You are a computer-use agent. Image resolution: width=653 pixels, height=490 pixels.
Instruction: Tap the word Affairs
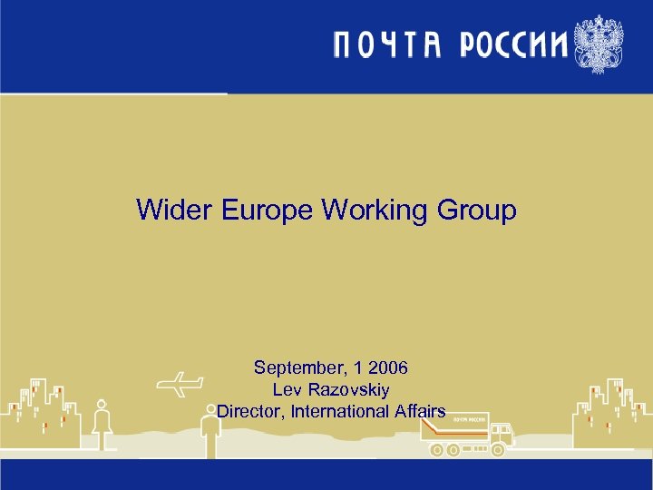tap(420, 411)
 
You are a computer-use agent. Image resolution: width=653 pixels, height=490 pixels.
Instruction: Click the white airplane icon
tap(179, 384)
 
